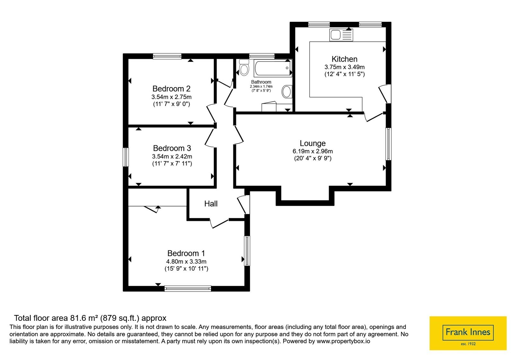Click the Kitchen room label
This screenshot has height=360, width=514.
[x=344, y=59]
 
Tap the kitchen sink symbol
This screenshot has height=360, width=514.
[x=341, y=35]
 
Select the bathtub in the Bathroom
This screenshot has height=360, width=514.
[x=273, y=68]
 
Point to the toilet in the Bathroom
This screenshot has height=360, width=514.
[x=244, y=67]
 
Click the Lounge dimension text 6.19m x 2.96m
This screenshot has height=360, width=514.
[x=313, y=151]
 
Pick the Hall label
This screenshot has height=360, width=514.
[x=211, y=204]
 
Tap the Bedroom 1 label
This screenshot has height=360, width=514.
[x=186, y=253]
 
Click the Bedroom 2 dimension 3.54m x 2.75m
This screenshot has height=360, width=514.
[x=172, y=97]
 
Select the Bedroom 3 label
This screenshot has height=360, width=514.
[x=172, y=148]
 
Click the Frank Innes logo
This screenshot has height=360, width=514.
[x=468, y=333]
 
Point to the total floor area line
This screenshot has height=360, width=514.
[x=90, y=318]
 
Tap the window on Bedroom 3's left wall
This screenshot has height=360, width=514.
[x=126, y=157]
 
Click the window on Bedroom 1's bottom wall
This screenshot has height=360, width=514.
[x=188, y=289]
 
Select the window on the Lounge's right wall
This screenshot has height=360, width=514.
[x=388, y=144]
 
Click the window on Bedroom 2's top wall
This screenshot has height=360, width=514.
[x=167, y=56]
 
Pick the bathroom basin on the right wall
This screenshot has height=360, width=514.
[x=287, y=92]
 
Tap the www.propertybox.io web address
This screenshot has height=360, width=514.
[x=343, y=341]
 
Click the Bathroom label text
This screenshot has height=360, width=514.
[x=261, y=82]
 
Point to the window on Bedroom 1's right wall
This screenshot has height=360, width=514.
[x=247, y=251]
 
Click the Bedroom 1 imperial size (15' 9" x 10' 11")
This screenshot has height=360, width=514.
[x=186, y=269]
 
